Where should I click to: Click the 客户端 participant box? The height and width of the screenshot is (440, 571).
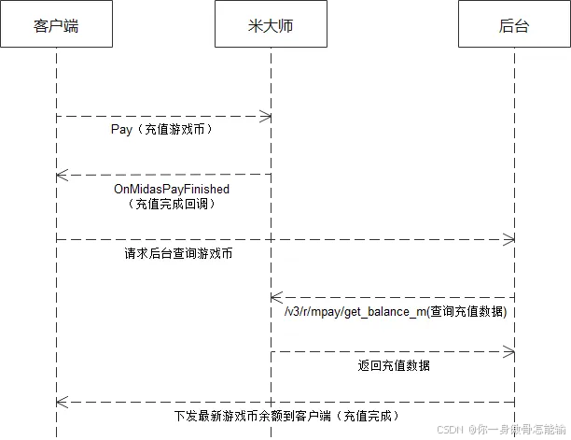coord(56,25)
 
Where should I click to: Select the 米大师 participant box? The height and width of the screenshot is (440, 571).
coord(271,25)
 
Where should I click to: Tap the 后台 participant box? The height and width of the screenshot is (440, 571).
coord(514,25)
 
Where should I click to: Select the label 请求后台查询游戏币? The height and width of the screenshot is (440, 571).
coord(178,253)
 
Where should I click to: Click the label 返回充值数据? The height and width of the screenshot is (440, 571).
coord(394,365)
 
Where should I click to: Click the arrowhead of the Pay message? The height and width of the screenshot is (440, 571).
coord(266,116)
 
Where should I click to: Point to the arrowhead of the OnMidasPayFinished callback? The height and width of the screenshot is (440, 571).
coord(61,175)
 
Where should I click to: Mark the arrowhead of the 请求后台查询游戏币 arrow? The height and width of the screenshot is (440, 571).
coord(509,240)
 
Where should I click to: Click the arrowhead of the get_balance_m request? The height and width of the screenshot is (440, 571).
coord(276,297)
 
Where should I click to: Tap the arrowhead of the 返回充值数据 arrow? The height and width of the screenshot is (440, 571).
coord(509,352)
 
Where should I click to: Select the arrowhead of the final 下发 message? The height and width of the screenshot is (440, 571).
coord(61,402)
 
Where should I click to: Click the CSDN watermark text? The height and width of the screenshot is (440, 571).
coord(450,430)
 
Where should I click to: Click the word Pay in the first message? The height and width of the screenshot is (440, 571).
coord(120,130)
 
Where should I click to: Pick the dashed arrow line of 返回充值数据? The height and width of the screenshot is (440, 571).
coord(392,352)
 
